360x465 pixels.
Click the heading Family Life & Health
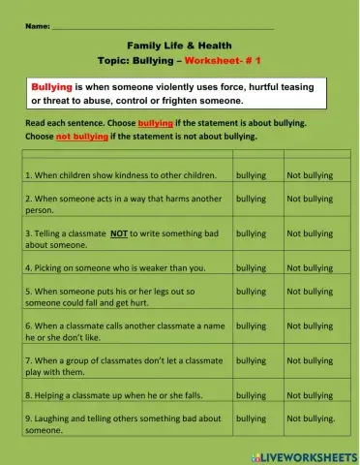click(x=179, y=46)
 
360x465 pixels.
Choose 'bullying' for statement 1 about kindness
click(x=251, y=175)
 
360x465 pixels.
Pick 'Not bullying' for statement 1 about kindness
click(x=309, y=175)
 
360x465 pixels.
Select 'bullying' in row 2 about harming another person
click(x=251, y=199)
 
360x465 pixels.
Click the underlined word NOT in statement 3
click(x=119, y=233)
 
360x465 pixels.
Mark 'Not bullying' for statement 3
click(x=309, y=233)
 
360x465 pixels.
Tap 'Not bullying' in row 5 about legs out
click(x=309, y=291)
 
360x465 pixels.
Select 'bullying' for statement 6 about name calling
click(x=251, y=325)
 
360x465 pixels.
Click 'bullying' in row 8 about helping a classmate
click(x=251, y=395)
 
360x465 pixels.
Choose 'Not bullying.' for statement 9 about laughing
click(x=310, y=418)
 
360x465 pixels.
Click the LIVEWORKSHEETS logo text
click(x=308, y=455)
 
